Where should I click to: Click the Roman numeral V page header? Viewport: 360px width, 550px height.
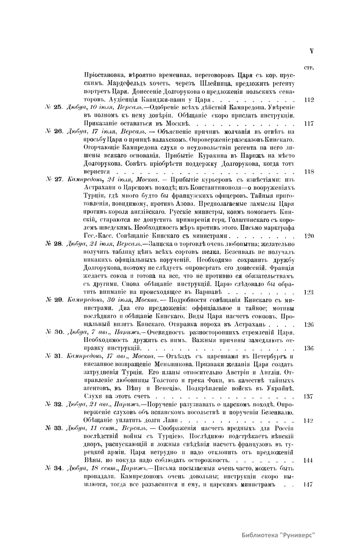click(312, 51)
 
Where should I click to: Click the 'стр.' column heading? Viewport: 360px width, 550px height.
click(309, 68)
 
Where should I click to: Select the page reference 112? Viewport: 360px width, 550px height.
click(309, 100)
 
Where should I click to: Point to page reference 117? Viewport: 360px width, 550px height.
click(309, 124)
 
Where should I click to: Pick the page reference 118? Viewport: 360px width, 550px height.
click(309, 172)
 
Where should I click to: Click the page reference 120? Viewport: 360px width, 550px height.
click(309, 236)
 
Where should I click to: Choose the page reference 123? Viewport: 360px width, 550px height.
click(309, 292)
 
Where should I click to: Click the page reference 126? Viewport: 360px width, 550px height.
click(309, 324)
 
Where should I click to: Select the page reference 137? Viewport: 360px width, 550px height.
click(309, 396)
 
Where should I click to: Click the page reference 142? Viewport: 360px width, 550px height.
click(309, 420)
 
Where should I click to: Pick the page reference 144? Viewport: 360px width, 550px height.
click(309, 461)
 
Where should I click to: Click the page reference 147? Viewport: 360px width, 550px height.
click(309, 484)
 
